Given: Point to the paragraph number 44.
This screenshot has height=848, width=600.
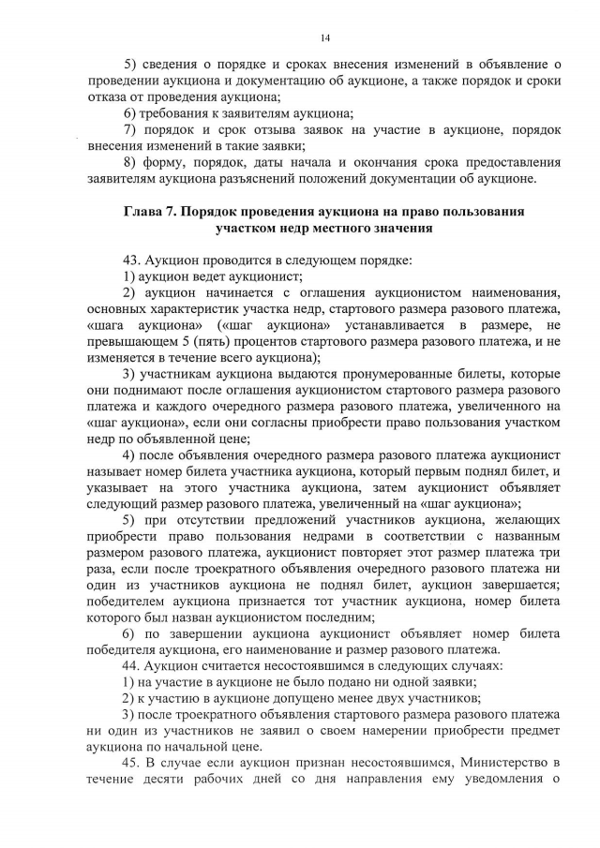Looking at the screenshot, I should point(131,664).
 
